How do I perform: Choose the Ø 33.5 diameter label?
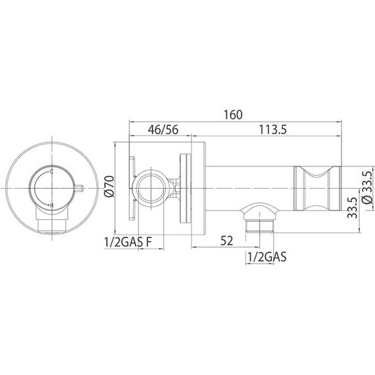pyautogui.click(x=367, y=189)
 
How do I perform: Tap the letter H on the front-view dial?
pyautogui.click(x=51, y=207)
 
